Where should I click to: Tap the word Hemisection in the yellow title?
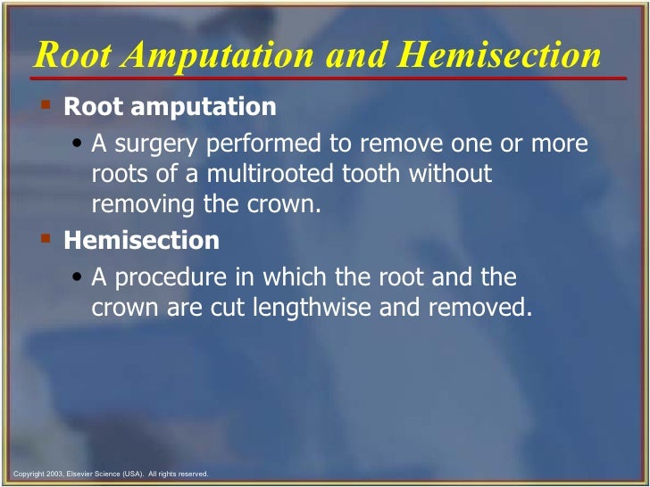coord(500,55)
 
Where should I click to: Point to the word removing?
coord(144,203)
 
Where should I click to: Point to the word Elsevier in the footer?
coord(80,474)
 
